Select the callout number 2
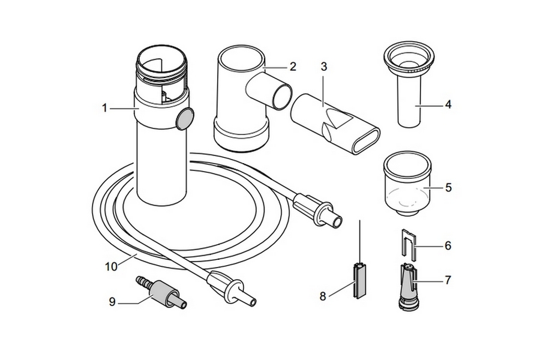coord(293,67)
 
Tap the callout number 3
coord(324,67)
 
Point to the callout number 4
coord(448,105)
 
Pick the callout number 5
coord(448,187)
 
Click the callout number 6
coord(448,245)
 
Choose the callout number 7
coord(448,279)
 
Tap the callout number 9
coord(112,302)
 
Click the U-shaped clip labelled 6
coord(407,244)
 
